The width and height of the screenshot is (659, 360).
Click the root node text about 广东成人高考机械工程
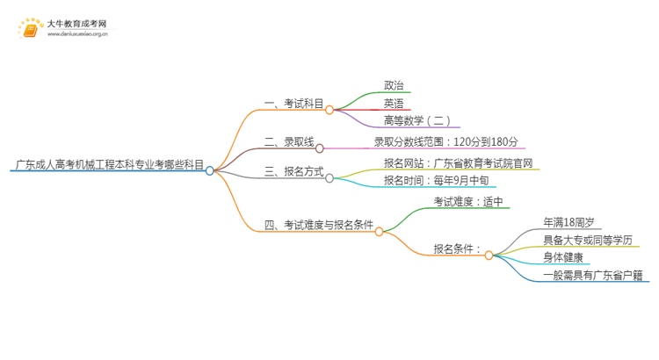coord(109,164)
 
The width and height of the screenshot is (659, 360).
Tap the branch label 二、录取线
coord(290,140)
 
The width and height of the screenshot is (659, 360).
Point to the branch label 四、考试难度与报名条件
coord(319,226)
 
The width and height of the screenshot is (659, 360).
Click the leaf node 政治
coord(395,85)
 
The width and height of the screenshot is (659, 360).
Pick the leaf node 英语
coord(395,103)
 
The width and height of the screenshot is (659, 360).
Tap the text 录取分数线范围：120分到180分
coord(446,140)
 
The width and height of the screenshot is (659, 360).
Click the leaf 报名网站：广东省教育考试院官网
coord(458,162)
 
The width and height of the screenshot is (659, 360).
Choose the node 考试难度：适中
coord(468,202)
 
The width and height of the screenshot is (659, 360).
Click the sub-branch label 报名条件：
coord(457,249)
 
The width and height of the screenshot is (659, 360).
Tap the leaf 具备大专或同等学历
coord(587,240)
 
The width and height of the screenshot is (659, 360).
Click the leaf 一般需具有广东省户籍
coord(593,275)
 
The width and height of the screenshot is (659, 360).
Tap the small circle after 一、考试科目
coord(329,111)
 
